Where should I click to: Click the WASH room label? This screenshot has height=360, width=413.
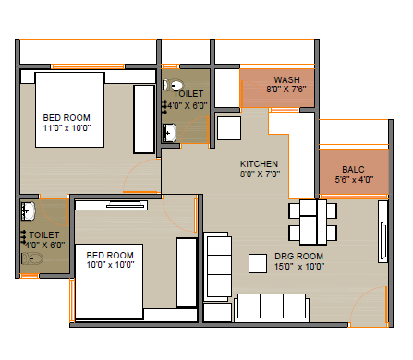click(286, 79)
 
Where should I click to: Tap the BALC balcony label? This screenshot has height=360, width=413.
click(353, 170)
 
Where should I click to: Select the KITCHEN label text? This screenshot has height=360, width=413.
click(259, 163)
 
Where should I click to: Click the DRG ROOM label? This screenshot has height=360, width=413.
click(298, 257)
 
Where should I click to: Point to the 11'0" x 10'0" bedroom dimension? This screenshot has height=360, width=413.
click(67, 128)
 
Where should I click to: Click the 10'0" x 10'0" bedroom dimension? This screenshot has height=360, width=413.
click(110, 265)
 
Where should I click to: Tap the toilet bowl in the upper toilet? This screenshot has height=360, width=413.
click(173, 85)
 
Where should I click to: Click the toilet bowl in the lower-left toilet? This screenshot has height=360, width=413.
click(31, 258)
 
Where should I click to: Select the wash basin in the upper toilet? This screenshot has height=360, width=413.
click(169, 133)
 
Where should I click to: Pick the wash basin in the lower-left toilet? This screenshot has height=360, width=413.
click(28, 211)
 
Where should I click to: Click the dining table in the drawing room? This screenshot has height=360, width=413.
click(313, 222)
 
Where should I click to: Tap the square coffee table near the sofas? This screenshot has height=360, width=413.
click(258, 263)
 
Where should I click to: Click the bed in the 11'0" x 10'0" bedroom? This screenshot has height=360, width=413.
click(70, 110)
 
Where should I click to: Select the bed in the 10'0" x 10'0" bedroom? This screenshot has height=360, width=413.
click(109, 282)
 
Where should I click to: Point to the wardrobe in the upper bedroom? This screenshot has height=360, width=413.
click(144, 119)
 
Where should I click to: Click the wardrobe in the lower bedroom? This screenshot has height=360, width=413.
click(187, 272)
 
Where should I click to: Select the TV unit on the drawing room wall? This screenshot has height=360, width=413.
click(383, 232)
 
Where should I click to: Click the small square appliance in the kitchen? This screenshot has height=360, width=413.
click(229, 128)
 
